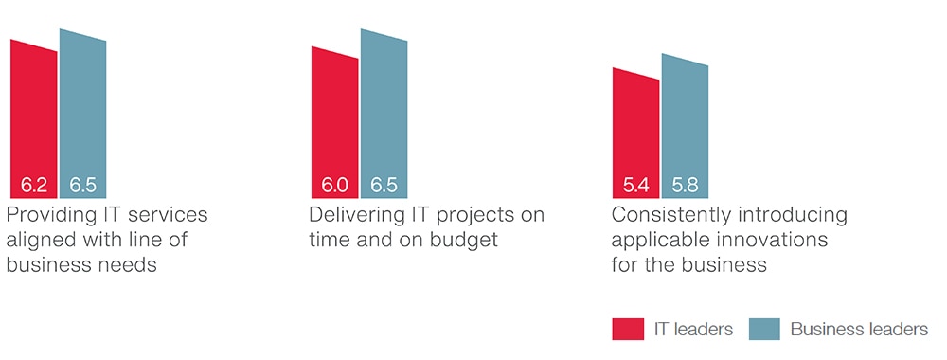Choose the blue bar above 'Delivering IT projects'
pos(384,114)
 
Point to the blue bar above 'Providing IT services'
pos(82,114)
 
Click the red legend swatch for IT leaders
pos(628,329)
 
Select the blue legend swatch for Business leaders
pos(764,329)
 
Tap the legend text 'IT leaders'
pos(693,329)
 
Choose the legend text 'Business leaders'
pos(859,329)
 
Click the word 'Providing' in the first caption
pos(45,216)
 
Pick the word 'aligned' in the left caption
pos(37,241)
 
